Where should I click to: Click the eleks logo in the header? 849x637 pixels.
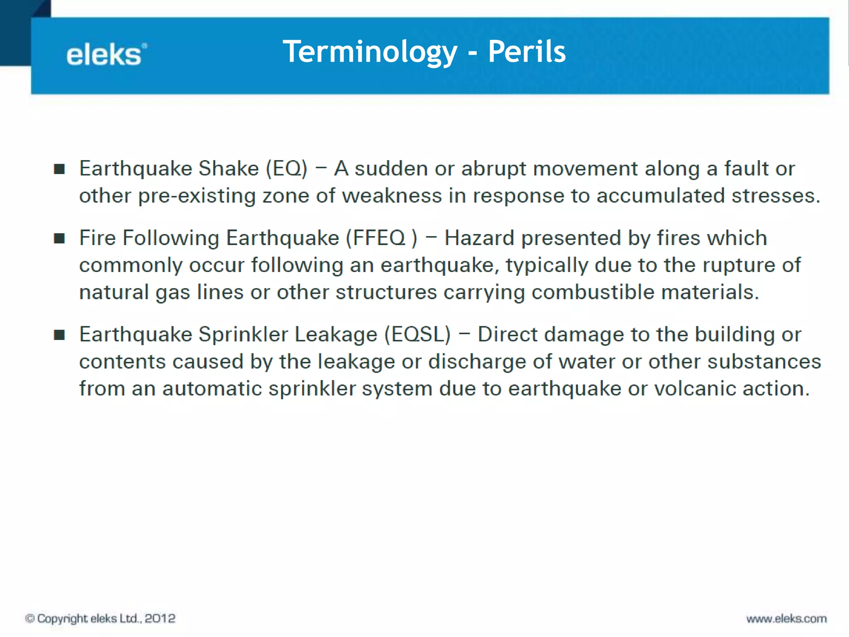(106, 55)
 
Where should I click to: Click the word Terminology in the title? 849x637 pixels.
(370, 52)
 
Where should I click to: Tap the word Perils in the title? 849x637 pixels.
(526, 52)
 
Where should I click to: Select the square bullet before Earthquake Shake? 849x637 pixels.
(59, 169)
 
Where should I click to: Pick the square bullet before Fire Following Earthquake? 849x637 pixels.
(59, 238)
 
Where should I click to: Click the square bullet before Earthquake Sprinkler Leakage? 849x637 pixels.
(59, 335)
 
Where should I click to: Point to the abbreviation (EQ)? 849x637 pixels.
(286, 169)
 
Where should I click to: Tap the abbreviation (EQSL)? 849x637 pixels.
(417, 335)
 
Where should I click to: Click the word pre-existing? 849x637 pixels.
(196, 196)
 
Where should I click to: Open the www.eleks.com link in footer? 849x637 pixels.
(786, 619)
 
